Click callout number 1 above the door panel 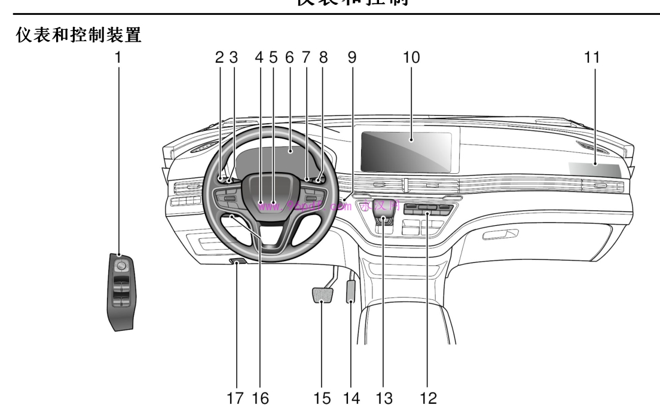(118, 58)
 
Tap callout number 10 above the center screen (411, 58)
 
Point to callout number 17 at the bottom (238, 397)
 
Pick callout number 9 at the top (352, 58)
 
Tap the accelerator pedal (350, 292)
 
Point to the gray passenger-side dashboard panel (595, 170)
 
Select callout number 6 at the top (290, 58)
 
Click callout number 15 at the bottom (323, 397)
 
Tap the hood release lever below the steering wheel (239, 263)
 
